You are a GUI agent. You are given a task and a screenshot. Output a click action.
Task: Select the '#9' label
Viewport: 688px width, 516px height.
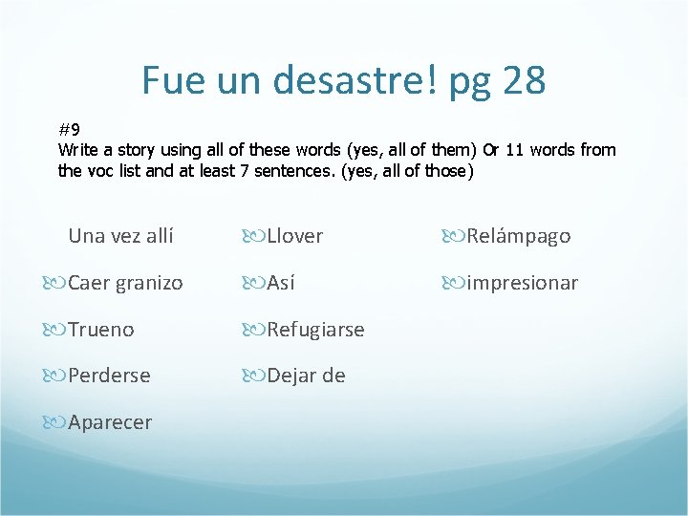tap(69, 128)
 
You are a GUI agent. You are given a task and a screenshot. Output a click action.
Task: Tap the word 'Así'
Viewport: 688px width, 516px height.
tap(281, 283)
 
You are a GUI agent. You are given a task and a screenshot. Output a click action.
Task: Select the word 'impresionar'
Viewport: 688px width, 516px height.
tap(522, 283)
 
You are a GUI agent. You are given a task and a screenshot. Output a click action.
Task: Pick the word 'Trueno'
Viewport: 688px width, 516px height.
tap(101, 330)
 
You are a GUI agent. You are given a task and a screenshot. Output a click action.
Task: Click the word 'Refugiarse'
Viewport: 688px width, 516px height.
tap(315, 330)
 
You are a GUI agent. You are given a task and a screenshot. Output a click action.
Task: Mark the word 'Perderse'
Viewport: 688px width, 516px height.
tap(109, 376)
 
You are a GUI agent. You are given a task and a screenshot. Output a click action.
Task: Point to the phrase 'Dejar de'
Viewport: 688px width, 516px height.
tap(306, 376)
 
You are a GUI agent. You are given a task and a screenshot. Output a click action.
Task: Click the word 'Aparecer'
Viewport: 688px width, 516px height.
tap(110, 422)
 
